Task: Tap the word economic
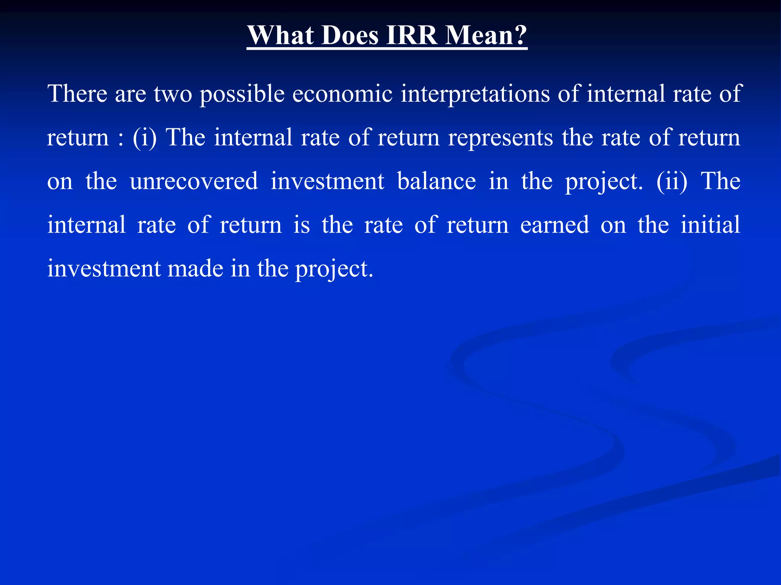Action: coord(342,94)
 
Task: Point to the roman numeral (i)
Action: coord(145,137)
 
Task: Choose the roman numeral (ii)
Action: coord(672,181)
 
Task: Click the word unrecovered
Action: coord(194,181)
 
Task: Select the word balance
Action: coord(437,181)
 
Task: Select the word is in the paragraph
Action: coord(302,225)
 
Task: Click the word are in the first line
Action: coord(130,94)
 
